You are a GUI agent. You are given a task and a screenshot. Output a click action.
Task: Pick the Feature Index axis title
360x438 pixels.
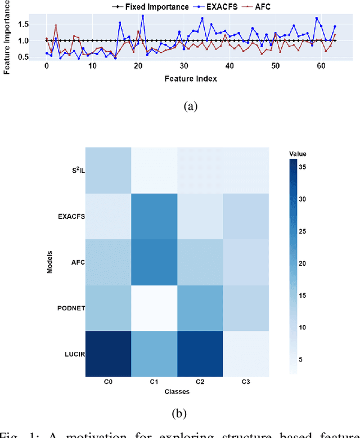coord(191,79)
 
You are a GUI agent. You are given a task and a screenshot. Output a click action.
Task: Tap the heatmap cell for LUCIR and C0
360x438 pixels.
coord(108,354)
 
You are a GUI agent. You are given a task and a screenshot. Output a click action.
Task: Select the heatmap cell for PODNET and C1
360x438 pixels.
coord(154,308)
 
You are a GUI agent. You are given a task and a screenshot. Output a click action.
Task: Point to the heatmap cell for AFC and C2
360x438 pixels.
coord(200,262)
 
